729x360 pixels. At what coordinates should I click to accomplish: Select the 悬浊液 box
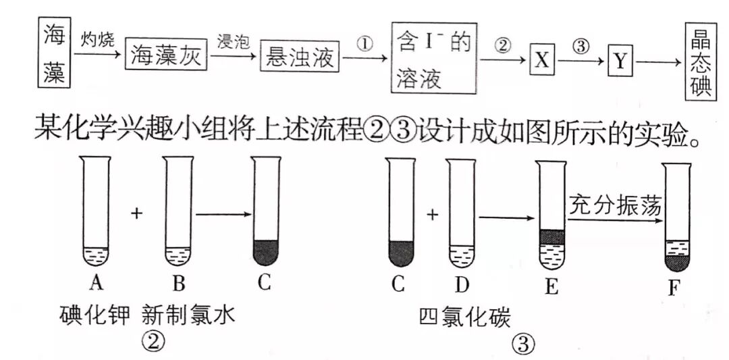[x=298, y=57]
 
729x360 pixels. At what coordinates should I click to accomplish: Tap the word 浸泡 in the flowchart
[x=234, y=41]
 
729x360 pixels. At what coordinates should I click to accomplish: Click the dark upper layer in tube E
[x=551, y=236]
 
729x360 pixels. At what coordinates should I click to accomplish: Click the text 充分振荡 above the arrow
[x=613, y=205]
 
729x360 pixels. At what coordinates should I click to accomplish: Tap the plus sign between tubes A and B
[x=137, y=213]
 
